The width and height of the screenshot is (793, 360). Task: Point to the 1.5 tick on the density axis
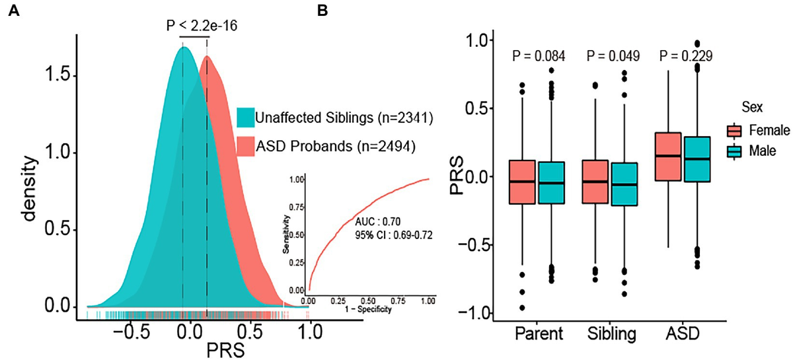point(58,76)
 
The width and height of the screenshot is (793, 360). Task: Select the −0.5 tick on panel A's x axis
point(129,332)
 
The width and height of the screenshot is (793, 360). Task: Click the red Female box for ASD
point(670,157)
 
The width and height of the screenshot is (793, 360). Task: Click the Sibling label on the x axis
point(611,334)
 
